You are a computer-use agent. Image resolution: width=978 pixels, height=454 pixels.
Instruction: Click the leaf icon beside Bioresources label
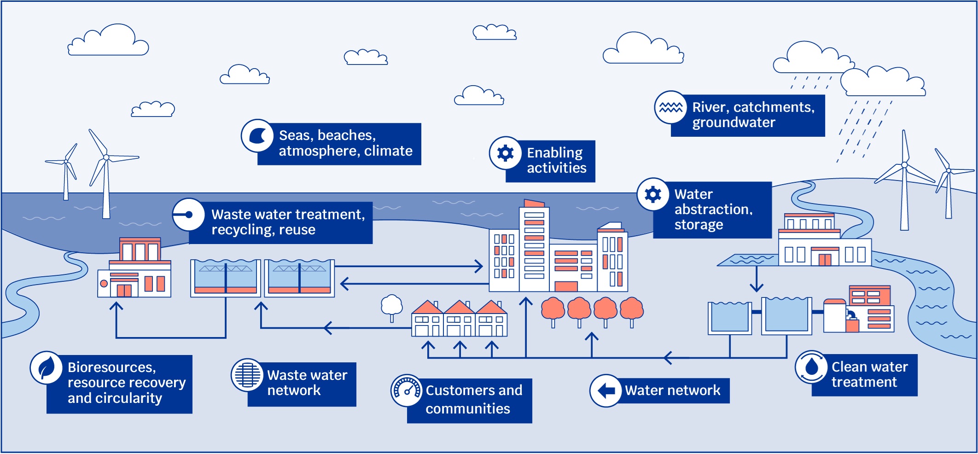coord(46,368)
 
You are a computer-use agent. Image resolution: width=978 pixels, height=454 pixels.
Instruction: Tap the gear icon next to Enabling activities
coord(505,153)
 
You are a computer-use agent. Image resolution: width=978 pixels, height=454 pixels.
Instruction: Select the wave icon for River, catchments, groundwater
coord(670,107)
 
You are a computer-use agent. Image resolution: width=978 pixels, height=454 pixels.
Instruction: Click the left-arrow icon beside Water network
coord(606,391)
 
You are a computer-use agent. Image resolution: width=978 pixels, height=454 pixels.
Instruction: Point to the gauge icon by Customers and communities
coord(407,390)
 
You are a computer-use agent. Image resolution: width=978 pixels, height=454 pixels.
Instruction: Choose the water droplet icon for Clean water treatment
coord(811,367)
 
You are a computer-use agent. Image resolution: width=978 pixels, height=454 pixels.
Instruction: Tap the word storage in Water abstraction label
coord(699,225)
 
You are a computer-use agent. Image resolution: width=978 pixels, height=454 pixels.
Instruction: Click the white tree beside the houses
coord(392,306)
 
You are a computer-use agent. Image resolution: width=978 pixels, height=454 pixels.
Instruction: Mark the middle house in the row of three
coord(459,319)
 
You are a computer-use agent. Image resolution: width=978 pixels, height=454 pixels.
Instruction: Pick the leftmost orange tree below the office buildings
coord(553,309)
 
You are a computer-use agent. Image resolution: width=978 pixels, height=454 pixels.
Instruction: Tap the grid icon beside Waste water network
coord(247,375)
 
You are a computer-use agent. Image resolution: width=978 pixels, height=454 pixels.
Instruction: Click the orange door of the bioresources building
coord(124,290)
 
